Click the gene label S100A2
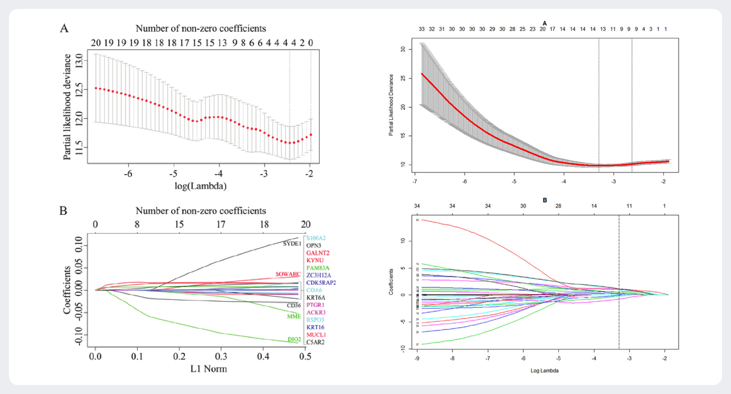click(x=316, y=238)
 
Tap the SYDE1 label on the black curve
click(x=292, y=244)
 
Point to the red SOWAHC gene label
click(x=288, y=274)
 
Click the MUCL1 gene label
click(x=316, y=335)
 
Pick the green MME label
click(x=294, y=317)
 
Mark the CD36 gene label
click(x=294, y=306)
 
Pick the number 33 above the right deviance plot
click(x=421, y=29)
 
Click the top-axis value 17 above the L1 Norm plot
click(x=221, y=224)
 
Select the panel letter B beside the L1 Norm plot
click(x=64, y=211)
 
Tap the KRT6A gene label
click(x=316, y=298)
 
